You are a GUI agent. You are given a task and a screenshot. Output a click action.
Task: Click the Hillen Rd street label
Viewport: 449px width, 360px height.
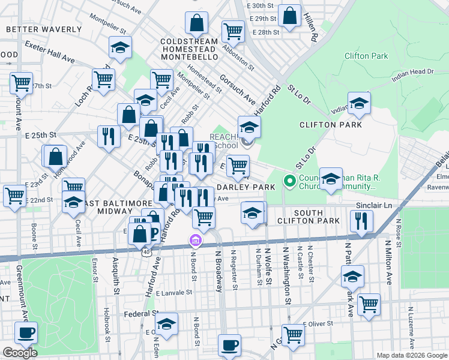(310, 26)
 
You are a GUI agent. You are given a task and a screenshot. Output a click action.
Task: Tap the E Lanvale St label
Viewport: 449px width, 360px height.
(173, 293)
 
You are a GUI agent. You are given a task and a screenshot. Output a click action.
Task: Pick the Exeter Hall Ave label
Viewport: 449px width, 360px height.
(49, 52)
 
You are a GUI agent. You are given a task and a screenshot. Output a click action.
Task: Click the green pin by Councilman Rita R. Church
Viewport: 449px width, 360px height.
(289, 180)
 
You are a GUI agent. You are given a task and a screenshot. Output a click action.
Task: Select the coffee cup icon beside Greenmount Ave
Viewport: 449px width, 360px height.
(26, 332)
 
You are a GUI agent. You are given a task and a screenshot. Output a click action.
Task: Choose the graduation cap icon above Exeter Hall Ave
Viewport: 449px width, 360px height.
(121, 48)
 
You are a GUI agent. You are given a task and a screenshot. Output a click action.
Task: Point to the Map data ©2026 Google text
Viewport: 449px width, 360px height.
(412, 355)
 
